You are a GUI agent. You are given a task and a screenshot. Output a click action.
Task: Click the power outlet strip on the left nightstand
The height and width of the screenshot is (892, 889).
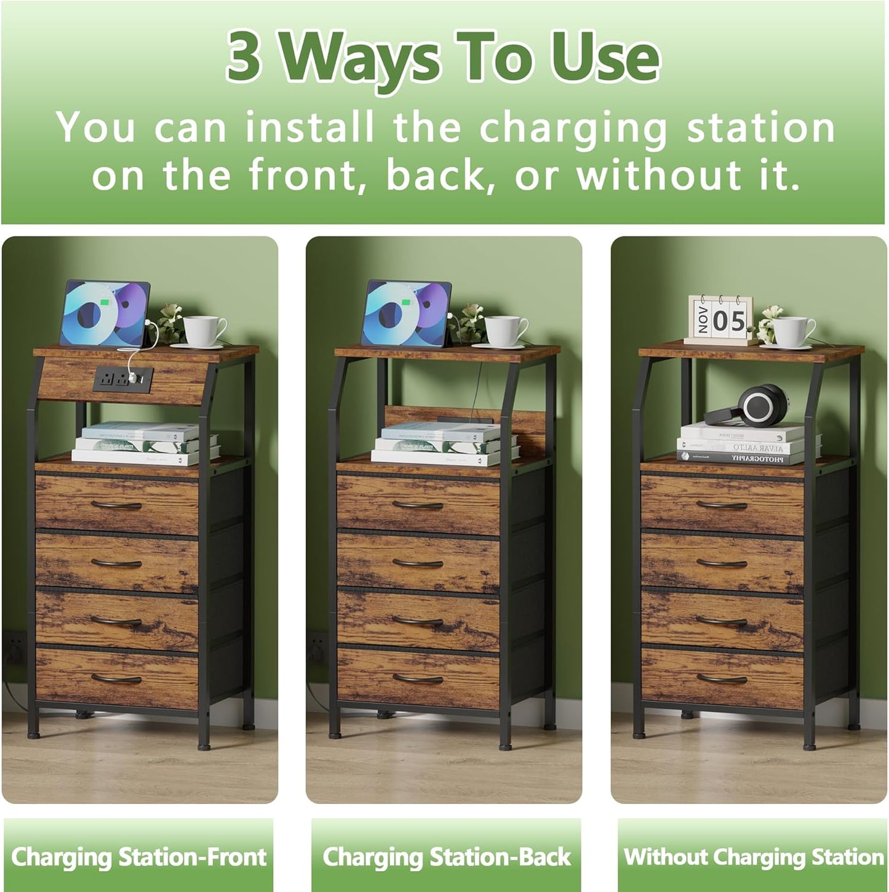[123, 379]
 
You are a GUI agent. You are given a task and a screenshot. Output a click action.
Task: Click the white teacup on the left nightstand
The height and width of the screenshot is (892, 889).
[204, 331]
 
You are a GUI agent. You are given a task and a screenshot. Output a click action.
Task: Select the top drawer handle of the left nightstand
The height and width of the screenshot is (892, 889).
[116, 505]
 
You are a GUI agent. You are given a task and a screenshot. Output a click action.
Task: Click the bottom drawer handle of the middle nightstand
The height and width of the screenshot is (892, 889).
[418, 678]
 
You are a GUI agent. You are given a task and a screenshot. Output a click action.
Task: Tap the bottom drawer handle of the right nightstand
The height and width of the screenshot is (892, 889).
[722, 679]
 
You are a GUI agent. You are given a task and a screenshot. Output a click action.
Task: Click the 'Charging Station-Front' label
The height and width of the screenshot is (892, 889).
[138, 856]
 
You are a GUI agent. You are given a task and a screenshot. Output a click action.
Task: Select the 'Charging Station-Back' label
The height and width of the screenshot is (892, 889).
[447, 856]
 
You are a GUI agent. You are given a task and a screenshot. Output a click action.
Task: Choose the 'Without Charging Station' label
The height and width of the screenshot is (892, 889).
[753, 856]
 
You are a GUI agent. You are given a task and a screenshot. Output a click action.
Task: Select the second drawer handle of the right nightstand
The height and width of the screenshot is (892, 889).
[722, 563]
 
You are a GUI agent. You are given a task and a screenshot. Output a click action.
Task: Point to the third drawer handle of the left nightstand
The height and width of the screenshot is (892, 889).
[116, 621]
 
